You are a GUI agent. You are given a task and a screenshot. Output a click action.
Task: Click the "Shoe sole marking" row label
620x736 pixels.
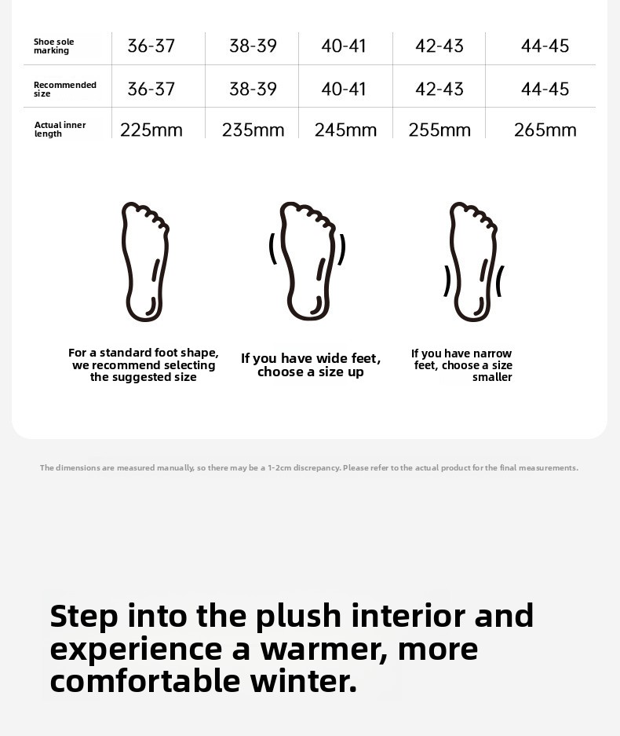click(x=53, y=46)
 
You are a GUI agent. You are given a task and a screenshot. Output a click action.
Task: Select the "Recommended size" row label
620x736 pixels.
click(x=64, y=90)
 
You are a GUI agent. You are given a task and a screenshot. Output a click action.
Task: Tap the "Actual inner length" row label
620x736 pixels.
click(x=60, y=129)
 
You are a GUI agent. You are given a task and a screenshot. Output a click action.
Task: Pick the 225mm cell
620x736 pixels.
click(x=151, y=130)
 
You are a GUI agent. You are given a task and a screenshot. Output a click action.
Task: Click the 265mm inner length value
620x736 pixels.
click(x=545, y=130)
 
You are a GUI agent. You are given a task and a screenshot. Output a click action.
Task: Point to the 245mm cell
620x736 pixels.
click(x=345, y=130)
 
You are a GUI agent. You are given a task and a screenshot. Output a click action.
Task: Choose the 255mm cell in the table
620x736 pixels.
click(x=439, y=130)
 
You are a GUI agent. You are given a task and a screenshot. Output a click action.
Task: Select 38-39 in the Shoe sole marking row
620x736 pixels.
click(x=253, y=46)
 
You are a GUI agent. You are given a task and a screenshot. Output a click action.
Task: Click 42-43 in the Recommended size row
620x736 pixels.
click(x=439, y=89)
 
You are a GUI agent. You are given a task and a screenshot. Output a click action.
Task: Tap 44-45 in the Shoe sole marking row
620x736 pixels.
click(x=545, y=46)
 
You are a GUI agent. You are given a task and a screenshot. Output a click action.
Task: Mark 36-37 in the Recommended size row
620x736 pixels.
click(x=151, y=89)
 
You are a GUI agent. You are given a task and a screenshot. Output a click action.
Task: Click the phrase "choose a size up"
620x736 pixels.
click(x=311, y=372)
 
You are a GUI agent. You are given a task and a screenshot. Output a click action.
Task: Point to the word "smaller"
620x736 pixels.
click(x=492, y=377)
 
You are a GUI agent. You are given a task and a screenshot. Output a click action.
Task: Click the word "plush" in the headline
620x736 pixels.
click(x=298, y=617)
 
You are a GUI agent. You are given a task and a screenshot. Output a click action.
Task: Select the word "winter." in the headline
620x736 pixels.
click(x=304, y=680)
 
